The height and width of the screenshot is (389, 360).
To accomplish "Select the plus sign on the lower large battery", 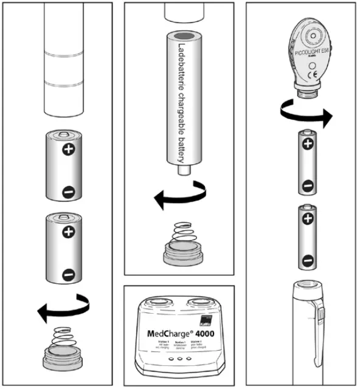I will tap(68, 230).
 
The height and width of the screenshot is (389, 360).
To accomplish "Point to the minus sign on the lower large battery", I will tap(68, 274).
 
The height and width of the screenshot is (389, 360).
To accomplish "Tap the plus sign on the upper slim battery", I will tap(308, 144).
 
